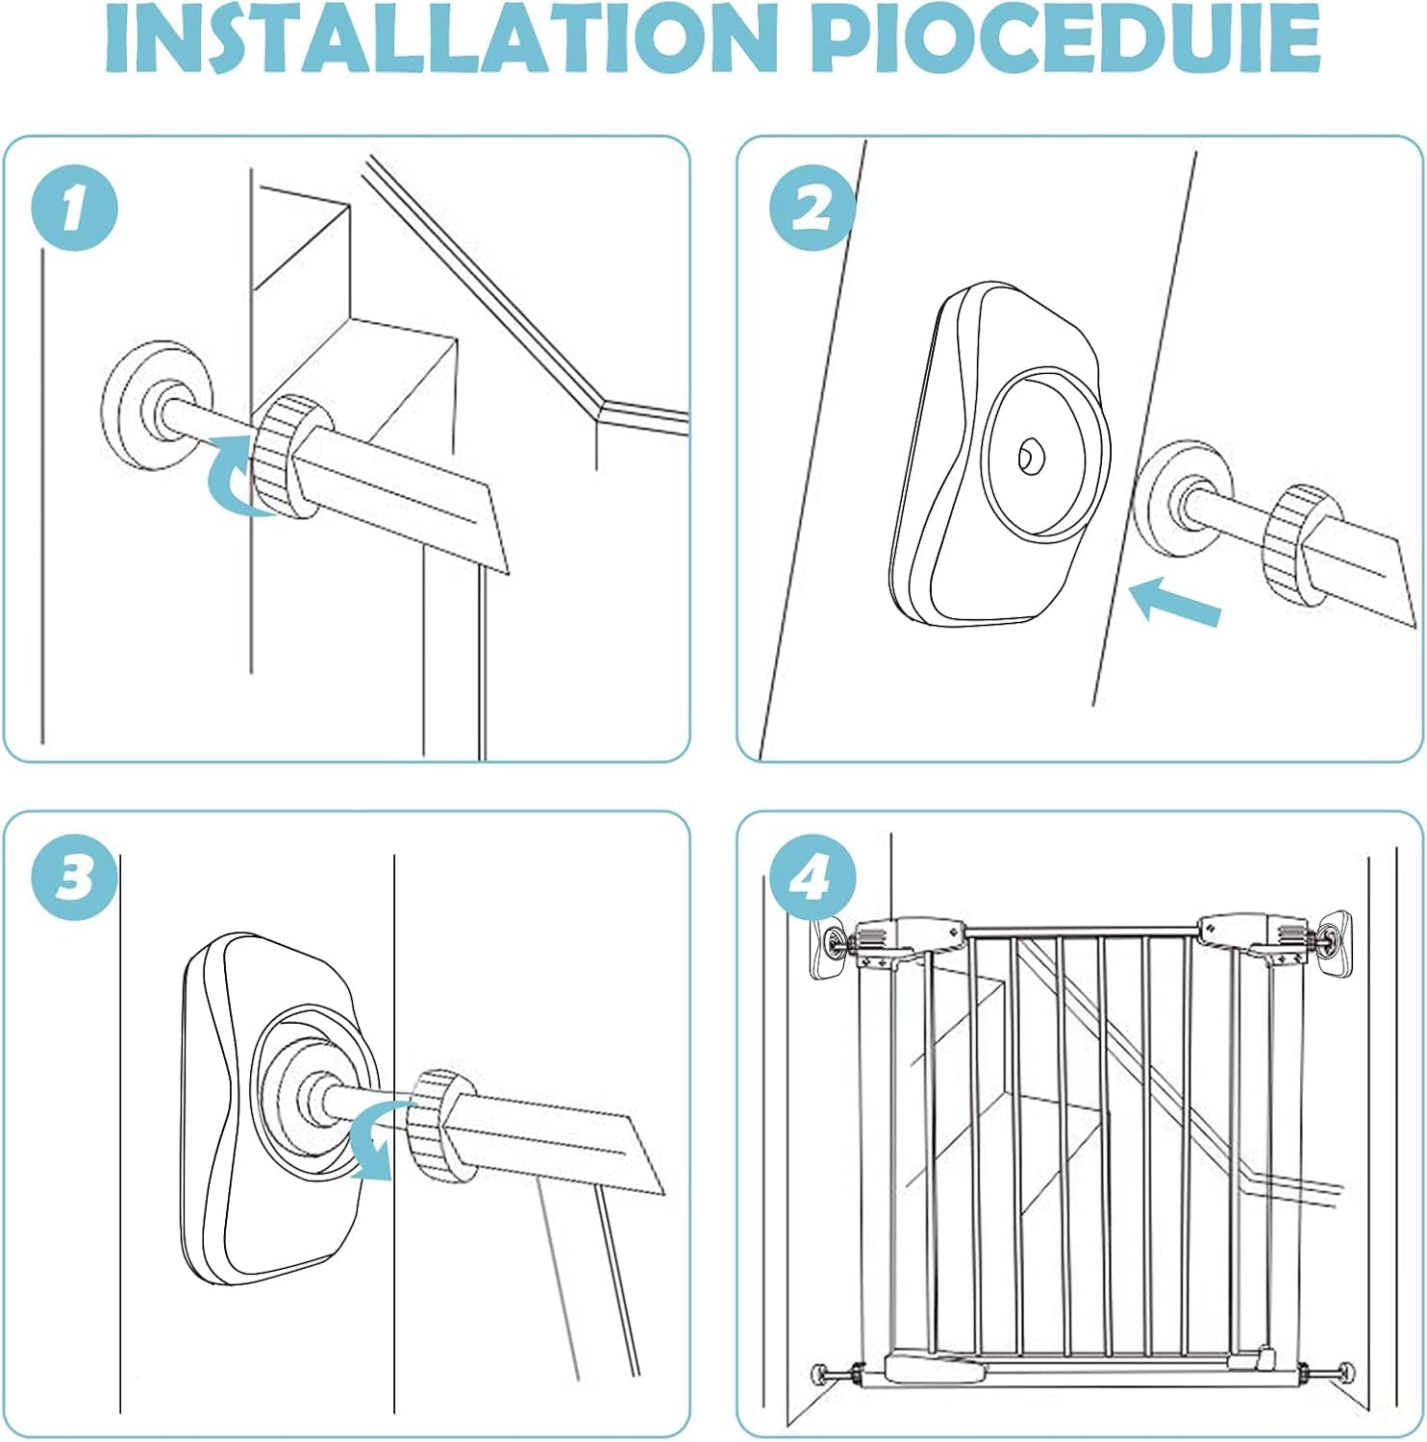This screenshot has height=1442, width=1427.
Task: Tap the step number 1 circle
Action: (74, 208)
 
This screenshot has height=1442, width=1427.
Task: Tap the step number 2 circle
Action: (814, 208)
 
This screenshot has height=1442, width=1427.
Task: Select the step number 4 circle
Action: (814, 877)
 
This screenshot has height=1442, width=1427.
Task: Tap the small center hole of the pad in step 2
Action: (1032, 455)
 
